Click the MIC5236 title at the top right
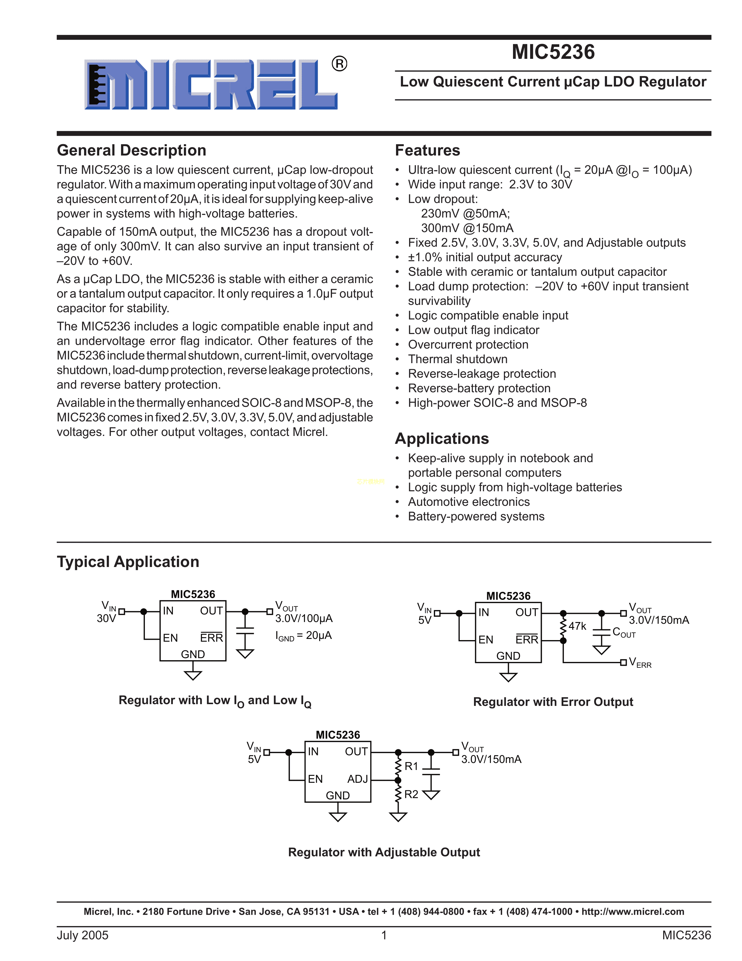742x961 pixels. tap(553, 52)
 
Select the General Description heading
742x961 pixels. tap(132, 151)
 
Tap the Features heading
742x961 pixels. tap(427, 151)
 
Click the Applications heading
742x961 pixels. tap(442, 439)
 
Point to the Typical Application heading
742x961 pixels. tap(128, 562)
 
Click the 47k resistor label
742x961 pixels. tap(577, 626)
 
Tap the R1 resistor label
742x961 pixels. tap(411, 766)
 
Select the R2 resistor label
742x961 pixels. tap(411, 794)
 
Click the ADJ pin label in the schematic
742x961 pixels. tap(357, 779)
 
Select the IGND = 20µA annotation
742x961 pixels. tap(303, 636)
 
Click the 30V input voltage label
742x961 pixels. tap(106, 619)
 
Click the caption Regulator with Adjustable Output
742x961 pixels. tap(384, 852)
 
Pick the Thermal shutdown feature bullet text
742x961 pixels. tap(458, 359)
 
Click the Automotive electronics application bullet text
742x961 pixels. tap(468, 502)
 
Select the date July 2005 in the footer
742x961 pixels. tap(83, 935)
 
